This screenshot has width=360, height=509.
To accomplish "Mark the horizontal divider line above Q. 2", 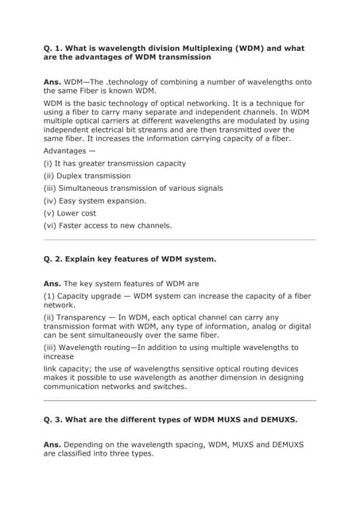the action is point(180,239).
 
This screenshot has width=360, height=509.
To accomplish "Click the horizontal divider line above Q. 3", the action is point(180,400).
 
